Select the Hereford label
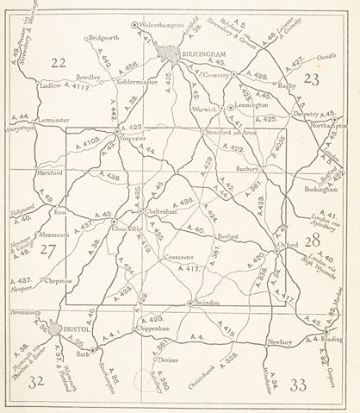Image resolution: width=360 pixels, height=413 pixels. (52, 172)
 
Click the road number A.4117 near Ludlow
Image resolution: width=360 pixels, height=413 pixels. (77, 85)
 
